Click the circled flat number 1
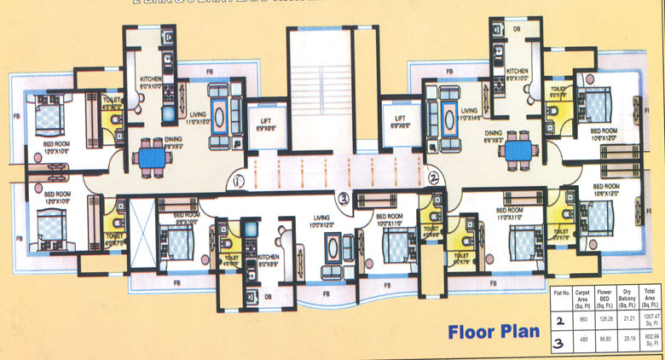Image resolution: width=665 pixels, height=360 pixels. [240, 180]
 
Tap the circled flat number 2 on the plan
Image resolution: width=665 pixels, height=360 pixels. [433, 178]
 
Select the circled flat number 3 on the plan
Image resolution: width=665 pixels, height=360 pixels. [343, 199]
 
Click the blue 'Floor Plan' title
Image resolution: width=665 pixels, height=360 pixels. [494, 331]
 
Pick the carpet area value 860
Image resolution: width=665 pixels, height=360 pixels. [583, 317]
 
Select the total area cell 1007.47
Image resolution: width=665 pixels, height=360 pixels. [651, 319]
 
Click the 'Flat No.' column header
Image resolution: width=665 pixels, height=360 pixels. [562, 292]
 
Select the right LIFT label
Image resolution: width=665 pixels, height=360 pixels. [398, 121]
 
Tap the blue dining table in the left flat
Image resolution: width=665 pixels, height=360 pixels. [154, 159]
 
